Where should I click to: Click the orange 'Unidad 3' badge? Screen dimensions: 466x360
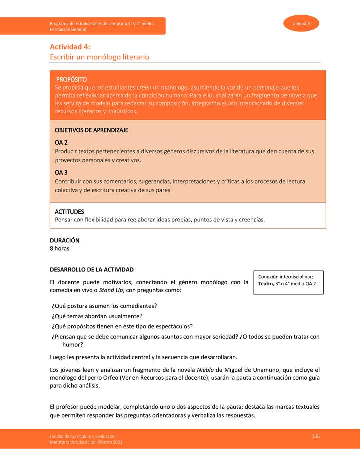point(301,24)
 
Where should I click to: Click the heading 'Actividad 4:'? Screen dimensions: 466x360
point(70,47)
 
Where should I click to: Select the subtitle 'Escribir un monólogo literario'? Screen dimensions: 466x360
point(99,57)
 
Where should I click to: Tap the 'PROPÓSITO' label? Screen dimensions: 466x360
point(71,79)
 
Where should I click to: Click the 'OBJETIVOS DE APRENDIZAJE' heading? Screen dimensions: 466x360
point(91,130)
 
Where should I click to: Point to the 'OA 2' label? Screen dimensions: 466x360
point(61,143)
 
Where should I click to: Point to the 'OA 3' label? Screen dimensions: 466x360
point(61,173)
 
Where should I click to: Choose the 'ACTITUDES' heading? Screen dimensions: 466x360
point(69,212)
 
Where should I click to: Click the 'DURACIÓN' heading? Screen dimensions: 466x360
point(64,240)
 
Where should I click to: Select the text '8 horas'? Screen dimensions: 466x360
point(59,248)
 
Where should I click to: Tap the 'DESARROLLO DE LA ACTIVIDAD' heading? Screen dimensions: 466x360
point(92,269)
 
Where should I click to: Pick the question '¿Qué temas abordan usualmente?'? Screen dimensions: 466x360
point(97,316)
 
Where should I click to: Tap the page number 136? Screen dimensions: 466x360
point(315,436)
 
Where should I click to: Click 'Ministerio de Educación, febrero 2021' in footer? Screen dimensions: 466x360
point(85,442)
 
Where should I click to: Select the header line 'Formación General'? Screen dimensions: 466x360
point(68,30)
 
